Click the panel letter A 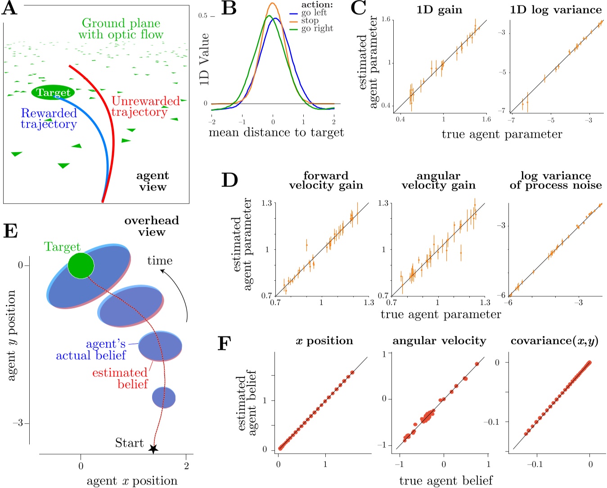coord(10,9)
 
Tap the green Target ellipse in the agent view coord(53,92)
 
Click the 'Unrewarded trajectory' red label coord(145,107)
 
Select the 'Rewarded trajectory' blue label coord(49,119)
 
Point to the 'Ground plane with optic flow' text coord(121,29)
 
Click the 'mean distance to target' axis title coord(276,133)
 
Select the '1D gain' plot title coord(439,10)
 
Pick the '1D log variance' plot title coord(556,10)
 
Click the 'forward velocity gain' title coord(326,180)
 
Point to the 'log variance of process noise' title coord(556,180)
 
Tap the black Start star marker coord(153,448)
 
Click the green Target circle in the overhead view coord(81,265)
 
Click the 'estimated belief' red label coord(120,378)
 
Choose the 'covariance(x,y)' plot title coord(554,341)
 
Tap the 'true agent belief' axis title coord(445,480)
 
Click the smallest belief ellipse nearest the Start coord(164,397)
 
